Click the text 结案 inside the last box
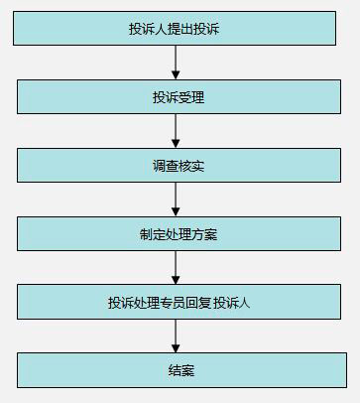pyautogui.click(x=180, y=370)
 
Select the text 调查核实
pyautogui.click(x=180, y=166)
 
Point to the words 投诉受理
pyautogui.click(x=180, y=97)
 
